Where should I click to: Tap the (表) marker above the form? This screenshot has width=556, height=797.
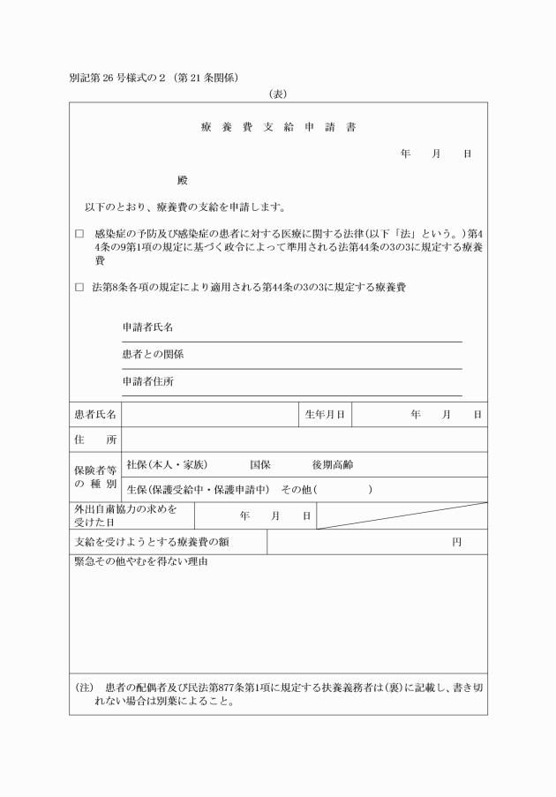pos(278,93)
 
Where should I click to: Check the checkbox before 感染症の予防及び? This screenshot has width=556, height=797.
pos(79,235)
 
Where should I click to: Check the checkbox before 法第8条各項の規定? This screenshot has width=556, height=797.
pos(79,287)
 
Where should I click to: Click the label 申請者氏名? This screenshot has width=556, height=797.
pos(147,327)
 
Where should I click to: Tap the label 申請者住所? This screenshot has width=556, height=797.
pos(147,381)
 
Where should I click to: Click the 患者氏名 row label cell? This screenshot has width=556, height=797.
pos(95,414)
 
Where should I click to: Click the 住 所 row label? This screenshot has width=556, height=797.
pos(95,440)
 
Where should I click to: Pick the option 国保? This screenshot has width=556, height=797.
pos(260,464)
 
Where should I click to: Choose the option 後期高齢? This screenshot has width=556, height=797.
pos(333,464)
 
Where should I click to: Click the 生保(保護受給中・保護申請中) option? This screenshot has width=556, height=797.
pos(198,489)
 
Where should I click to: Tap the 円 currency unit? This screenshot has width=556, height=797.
pos(456,542)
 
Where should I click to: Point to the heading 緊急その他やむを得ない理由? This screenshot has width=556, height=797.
pos(140,562)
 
